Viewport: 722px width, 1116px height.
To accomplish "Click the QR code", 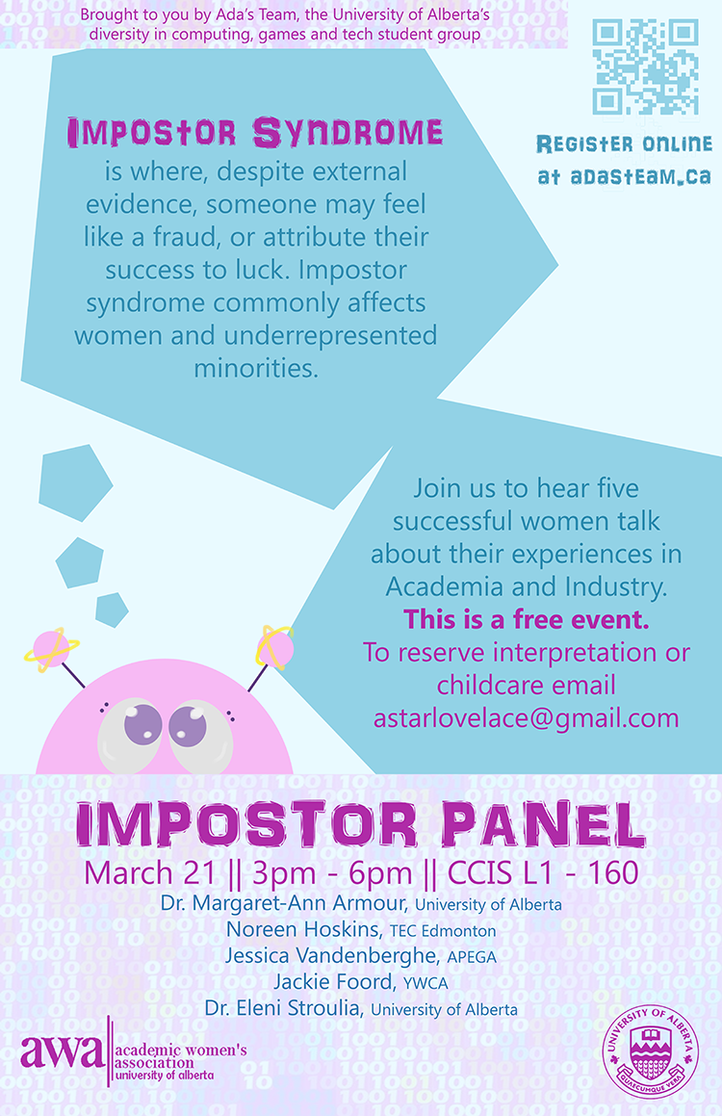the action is tap(645, 66).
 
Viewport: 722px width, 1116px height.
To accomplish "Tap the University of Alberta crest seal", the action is tap(650, 1052).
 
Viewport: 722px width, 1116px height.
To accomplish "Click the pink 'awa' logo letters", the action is tap(62, 1051).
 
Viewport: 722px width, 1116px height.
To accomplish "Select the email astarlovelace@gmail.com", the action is tap(527, 718).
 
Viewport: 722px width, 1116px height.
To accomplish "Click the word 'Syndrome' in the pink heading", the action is tap(348, 133).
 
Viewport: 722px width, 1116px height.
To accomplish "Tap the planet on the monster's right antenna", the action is tap(274, 648).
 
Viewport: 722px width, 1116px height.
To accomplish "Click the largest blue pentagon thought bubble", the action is tap(74, 481).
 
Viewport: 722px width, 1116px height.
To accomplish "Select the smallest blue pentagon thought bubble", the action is tap(112, 610).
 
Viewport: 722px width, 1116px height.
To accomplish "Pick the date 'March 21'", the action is tap(149, 873).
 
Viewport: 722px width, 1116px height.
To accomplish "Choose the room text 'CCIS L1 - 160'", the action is tap(543, 873).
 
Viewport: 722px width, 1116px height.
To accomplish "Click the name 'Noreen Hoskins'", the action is tap(302, 929).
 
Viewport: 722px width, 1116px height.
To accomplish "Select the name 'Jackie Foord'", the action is tap(333, 982).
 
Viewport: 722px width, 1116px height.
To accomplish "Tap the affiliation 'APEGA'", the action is tap(472, 957).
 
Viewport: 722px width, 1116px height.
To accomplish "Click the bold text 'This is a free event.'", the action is tap(527, 619).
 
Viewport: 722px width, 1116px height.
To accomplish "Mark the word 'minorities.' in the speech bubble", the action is tap(256, 368).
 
